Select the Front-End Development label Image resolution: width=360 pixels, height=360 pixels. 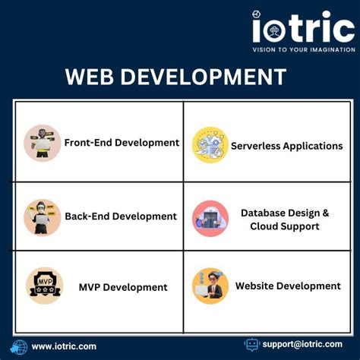point(122,142)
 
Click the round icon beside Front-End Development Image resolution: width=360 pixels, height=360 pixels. point(43,143)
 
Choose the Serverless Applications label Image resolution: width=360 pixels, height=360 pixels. point(286,145)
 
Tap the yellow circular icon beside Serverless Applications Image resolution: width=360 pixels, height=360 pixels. point(210,145)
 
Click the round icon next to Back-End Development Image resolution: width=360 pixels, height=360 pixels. point(43,217)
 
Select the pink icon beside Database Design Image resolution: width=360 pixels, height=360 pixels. point(210,219)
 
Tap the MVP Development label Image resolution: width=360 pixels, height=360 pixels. point(122,287)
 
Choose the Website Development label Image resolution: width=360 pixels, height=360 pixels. point(287,286)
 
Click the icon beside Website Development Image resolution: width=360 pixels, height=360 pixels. point(210,286)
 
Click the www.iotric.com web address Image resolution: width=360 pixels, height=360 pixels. point(64,346)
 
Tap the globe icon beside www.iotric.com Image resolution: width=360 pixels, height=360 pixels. point(18,346)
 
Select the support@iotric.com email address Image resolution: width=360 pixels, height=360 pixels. point(302,344)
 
